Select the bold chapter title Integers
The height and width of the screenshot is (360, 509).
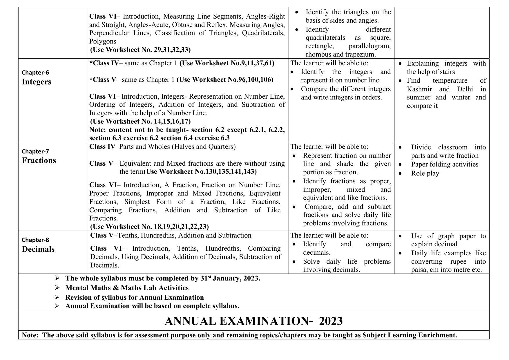tap(37, 82)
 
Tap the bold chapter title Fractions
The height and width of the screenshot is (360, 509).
tap(39, 160)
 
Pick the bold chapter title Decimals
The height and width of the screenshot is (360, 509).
tap(38, 249)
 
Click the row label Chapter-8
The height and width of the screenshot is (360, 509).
tap(35, 240)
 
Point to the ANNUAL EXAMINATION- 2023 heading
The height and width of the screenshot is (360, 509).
tap(253, 321)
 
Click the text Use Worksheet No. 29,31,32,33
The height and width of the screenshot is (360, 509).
tap(140, 50)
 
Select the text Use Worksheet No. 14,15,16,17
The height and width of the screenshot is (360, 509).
tap(140, 121)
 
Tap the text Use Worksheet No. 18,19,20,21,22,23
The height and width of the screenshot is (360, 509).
tap(149, 227)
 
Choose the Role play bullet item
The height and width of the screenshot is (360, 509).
tap(425, 173)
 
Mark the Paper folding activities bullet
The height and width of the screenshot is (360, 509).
tap(445, 164)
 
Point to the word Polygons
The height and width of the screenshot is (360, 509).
tap(103, 41)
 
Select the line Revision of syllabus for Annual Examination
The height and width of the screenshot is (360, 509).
tap(135, 297)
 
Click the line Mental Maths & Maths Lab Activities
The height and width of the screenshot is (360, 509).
tap(127, 288)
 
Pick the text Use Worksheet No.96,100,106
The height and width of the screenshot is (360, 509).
tap(225, 80)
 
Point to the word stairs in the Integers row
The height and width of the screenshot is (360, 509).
tap(447, 72)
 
